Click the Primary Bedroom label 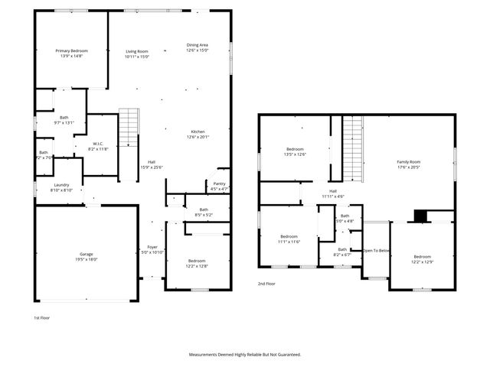[72, 54]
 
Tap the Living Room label [137, 54]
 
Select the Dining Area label [198, 47]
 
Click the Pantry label [219, 185]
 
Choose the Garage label [87, 256]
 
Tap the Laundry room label [61, 187]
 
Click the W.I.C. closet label [99, 146]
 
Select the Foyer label [153, 249]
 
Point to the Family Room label [408, 164]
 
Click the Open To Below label [376, 251]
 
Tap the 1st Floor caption [41, 317]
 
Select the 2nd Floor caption [267, 283]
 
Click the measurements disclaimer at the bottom [245, 355]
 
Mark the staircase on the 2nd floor [351, 145]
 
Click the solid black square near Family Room [420, 216]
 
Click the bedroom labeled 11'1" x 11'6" [289, 239]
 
